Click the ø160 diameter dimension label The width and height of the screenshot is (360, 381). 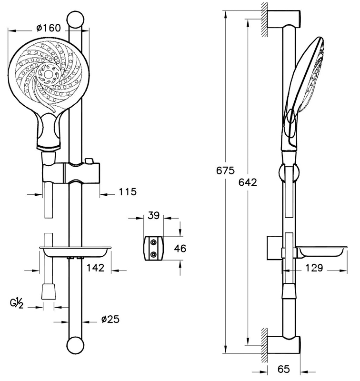49,28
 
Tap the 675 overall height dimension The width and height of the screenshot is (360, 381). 225,170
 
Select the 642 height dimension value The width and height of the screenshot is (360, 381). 248,182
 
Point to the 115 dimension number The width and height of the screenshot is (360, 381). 128,192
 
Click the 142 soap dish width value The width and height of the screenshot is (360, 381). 95,268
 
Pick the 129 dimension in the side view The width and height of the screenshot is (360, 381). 314,268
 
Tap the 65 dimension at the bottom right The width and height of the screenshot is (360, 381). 283,369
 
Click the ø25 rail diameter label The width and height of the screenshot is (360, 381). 110,319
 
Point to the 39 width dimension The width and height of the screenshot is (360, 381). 153,215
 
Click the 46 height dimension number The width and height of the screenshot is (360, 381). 180,248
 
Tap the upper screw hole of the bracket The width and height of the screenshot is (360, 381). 153,242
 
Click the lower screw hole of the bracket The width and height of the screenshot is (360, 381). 153,254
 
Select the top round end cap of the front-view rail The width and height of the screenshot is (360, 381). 75,20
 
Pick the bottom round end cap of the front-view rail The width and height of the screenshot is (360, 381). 75,346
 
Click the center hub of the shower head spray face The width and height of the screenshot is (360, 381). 48,74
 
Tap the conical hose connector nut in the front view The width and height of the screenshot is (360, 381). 49,291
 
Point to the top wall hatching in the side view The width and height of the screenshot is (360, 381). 264,20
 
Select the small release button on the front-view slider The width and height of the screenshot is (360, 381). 89,160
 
